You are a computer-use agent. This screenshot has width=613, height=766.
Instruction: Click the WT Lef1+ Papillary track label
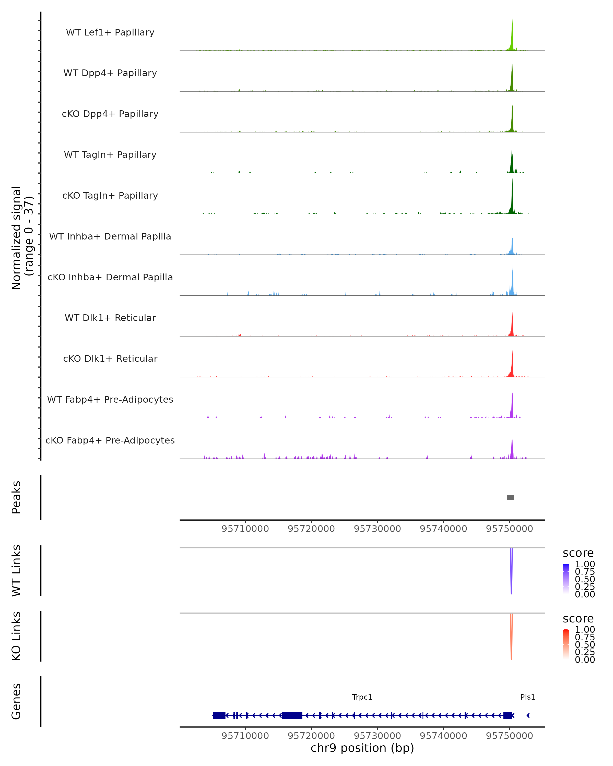[110, 32]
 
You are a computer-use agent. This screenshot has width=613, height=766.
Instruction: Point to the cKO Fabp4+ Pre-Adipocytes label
[110, 440]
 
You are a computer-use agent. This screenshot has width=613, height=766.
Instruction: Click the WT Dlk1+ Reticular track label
[110, 318]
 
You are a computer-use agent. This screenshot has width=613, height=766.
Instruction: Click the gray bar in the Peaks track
[511, 497]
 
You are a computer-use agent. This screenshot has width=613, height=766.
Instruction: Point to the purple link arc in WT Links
[511, 572]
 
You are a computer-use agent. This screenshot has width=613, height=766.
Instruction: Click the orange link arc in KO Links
[511, 638]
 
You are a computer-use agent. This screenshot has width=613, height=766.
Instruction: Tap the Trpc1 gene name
[362, 697]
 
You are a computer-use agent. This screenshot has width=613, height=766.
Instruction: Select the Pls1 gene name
[528, 697]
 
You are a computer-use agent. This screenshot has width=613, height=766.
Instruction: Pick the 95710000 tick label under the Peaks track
[245, 529]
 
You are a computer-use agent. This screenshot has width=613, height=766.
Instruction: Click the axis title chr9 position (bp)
[362, 748]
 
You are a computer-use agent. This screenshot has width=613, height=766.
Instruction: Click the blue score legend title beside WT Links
[578, 553]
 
